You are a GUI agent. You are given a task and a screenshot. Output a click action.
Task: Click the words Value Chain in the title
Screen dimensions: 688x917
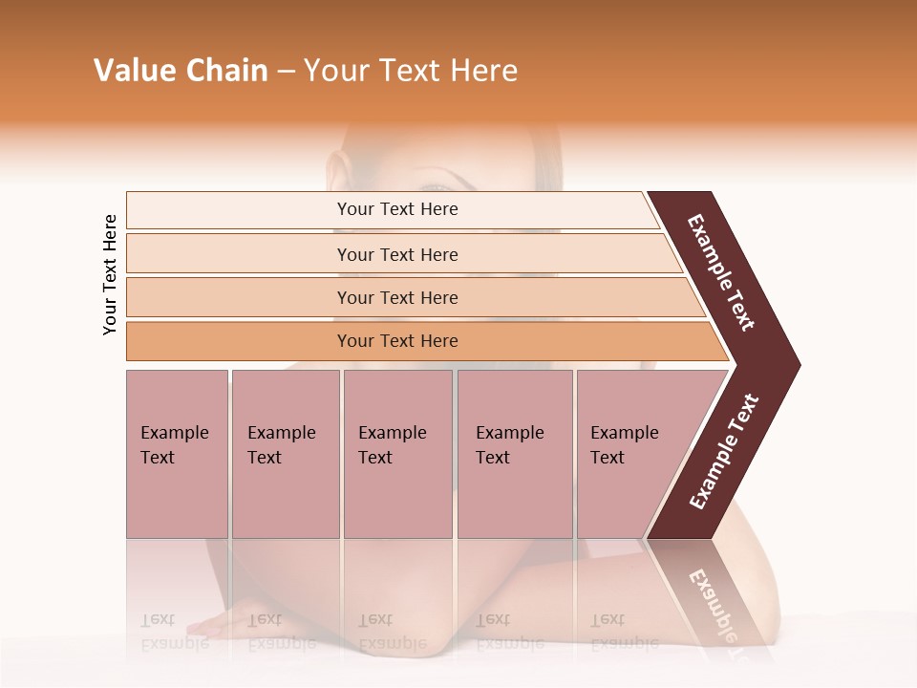point(181,71)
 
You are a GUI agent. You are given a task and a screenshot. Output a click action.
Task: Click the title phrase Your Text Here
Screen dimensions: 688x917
point(411,71)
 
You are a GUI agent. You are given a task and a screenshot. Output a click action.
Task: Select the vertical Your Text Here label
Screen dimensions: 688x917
point(110,274)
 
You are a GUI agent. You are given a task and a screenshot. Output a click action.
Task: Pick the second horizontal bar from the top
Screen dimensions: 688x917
point(396,254)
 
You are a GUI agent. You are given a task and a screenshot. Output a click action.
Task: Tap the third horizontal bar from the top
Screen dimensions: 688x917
point(396,297)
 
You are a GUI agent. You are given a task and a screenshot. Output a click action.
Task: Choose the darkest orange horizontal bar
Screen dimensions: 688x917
point(396,341)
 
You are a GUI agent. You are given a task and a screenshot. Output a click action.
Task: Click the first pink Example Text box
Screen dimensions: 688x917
point(177,454)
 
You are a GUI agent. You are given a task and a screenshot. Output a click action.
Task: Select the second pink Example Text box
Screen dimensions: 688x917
point(285,454)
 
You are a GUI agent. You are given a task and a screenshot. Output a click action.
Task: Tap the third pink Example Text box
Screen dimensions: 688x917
point(397,454)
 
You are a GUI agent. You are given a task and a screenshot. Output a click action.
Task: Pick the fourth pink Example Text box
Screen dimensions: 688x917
point(514,454)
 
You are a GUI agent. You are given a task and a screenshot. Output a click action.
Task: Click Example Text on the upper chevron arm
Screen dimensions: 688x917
point(721,272)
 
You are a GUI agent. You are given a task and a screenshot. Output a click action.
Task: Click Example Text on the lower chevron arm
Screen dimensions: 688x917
point(724,452)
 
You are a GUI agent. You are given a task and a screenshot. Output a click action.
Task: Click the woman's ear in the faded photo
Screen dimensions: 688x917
point(337,172)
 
